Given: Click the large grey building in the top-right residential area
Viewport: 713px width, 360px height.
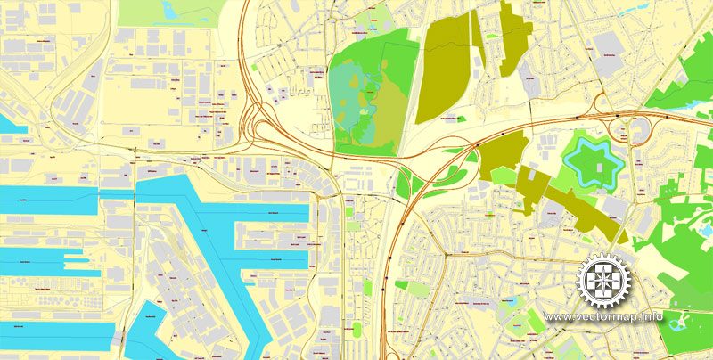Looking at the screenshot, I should (x=609, y=44).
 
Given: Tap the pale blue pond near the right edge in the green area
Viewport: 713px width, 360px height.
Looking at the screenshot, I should (x=707, y=231).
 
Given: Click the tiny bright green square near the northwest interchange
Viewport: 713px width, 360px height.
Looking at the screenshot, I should (x=258, y=67).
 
